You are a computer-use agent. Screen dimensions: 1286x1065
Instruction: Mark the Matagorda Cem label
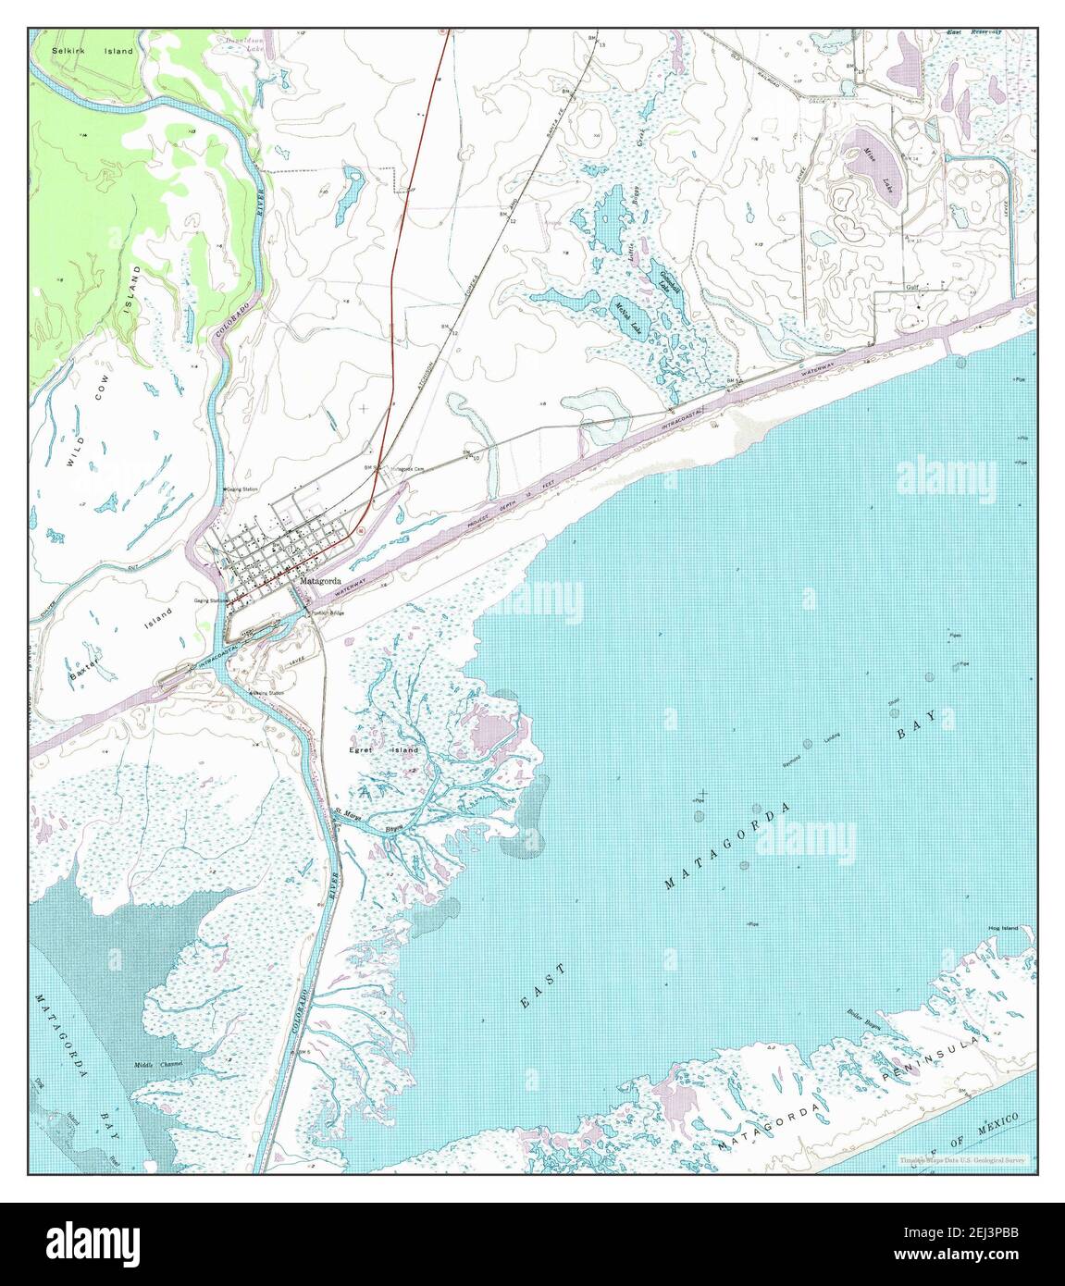pyautogui.click(x=407, y=469)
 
